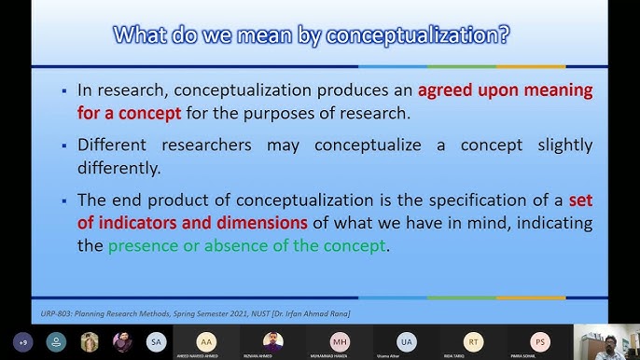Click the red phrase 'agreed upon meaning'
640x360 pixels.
point(505,91)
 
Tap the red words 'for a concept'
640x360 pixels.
point(125,113)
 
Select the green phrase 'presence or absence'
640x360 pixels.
point(186,246)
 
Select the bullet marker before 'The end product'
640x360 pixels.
point(63,201)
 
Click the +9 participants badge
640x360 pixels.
point(21,341)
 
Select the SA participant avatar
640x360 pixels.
point(156,341)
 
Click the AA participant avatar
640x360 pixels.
point(205,340)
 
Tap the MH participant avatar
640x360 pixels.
point(339,340)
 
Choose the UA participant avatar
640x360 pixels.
point(406,340)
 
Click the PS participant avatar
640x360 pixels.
point(539,340)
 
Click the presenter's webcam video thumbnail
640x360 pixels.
point(605,341)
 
